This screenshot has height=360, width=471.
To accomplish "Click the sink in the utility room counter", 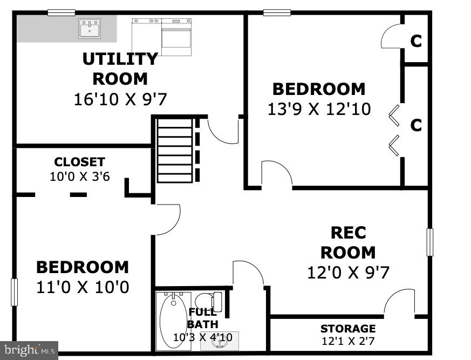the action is click(x=89, y=29).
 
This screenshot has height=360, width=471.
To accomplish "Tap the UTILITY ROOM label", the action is click(x=120, y=68).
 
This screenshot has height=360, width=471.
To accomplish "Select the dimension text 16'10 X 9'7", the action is click(x=120, y=99).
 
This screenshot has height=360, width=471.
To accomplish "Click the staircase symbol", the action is click(x=174, y=151).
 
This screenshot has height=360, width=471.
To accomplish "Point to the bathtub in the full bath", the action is click(x=173, y=321).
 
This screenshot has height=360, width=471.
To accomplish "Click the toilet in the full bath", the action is click(x=208, y=301).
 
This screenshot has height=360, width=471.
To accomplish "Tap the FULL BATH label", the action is click(x=202, y=318).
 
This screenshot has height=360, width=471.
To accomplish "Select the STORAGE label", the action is click(x=348, y=329).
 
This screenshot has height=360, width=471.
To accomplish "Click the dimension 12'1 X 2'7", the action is click(x=348, y=341).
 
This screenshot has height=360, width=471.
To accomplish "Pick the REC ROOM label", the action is click(x=348, y=242).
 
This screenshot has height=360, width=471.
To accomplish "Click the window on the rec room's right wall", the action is click(x=430, y=242).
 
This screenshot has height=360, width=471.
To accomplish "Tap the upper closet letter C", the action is click(x=416, y=41).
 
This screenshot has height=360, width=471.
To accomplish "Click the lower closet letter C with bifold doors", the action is click(x=416, y=125).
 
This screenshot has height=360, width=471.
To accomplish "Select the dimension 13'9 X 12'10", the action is click(x=319, y=109).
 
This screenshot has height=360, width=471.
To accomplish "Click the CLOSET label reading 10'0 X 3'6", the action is click(x=79, y=169).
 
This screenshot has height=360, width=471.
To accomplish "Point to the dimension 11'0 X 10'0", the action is click(x=83, y=286).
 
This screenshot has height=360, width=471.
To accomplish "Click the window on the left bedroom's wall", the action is click(x=14, y=292).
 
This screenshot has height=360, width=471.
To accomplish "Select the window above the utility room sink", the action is click(x=61, y=12).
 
